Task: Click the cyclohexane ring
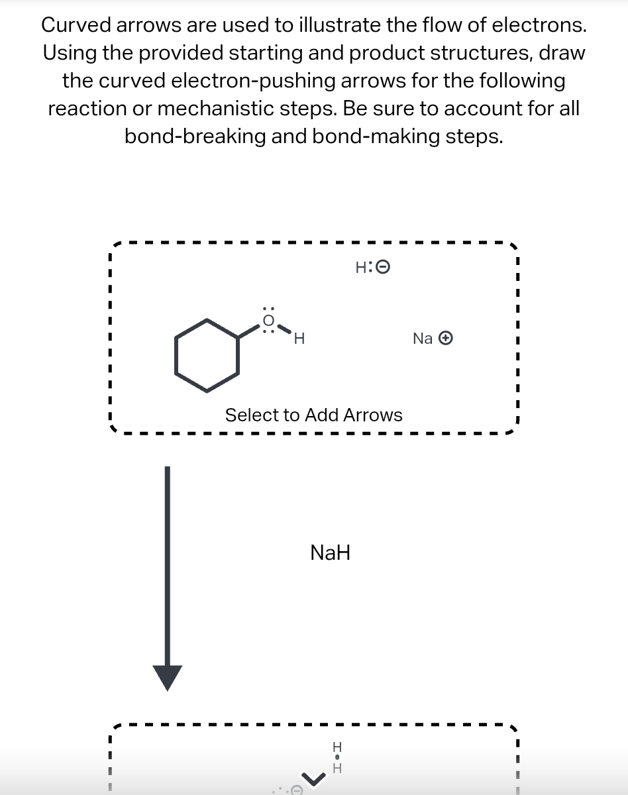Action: [207, 355]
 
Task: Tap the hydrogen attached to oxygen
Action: [299, 339]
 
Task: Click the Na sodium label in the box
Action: [423, 339]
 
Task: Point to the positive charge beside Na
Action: [447, 339]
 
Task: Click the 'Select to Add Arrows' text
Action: [313, 415]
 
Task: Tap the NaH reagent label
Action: [330, 552]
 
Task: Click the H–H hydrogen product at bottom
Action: [337, 757]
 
